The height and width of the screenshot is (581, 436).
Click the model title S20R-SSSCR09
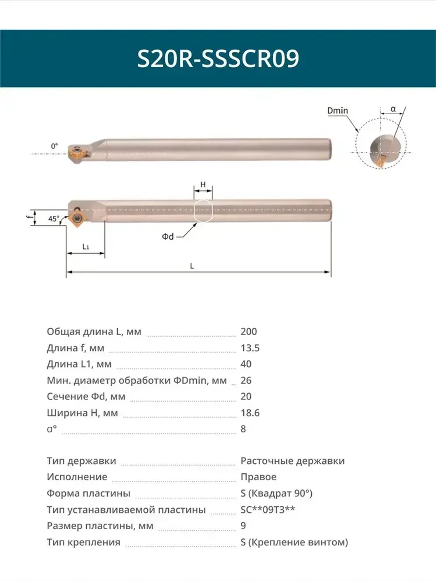pos(218,58)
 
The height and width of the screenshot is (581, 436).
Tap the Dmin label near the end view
pos(337,111)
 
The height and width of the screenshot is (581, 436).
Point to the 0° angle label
pos(54,146)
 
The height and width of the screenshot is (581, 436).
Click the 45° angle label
pos(54,219)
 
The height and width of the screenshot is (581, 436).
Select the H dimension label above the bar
pos(203,185)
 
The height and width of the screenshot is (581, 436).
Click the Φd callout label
pos(168,237)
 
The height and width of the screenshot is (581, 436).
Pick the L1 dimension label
pos(86,247)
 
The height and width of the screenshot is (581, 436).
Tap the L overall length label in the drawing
pos(192,266)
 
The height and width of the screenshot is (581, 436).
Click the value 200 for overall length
pos(249,332)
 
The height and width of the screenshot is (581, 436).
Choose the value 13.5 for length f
pos(250,348)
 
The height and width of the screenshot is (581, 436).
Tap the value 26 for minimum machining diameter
pos(246,381)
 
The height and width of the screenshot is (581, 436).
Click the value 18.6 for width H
pos(250,413)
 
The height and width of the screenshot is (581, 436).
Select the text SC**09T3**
pos(268,510)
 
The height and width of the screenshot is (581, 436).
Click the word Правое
pos(258,477)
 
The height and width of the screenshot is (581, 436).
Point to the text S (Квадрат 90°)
pos(276,493)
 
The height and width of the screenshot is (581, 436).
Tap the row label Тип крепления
pos(83,542)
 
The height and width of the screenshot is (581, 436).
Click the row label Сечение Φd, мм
pos(86,397)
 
